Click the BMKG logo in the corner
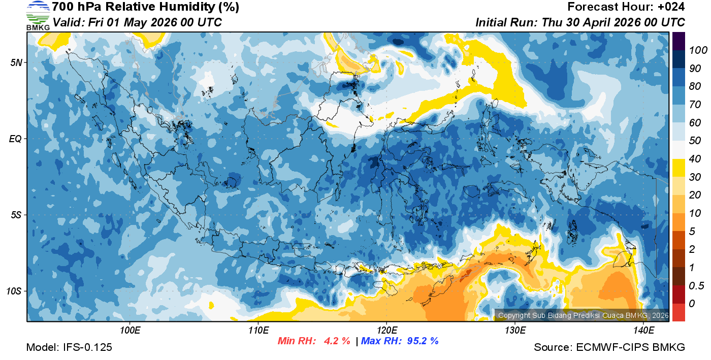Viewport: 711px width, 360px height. (x=38, y=16)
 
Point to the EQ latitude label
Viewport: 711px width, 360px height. (x=15, y=139)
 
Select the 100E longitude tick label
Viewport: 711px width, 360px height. (x=130, y=330)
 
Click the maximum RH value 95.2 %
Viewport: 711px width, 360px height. (x=421, y=341)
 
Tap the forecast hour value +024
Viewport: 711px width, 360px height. (x=670, y=7)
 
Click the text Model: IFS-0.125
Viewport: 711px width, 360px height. (x=69, y=347)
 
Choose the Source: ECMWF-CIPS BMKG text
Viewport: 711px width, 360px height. (x=609, y=347)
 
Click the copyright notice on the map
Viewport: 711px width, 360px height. (x=583, y=315)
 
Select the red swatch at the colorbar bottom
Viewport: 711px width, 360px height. (x=678, y=312)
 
